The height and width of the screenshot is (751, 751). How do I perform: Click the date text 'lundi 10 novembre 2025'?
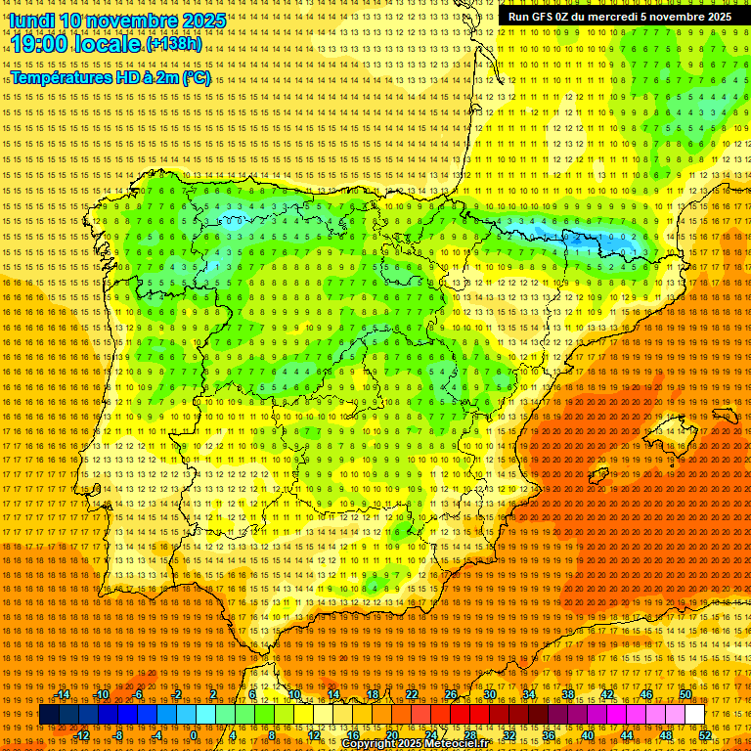117,21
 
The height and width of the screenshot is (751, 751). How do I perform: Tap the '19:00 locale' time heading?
76,44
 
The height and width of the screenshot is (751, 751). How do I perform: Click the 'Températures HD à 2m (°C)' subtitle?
110,78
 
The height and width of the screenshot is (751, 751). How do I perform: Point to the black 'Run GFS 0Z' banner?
619,17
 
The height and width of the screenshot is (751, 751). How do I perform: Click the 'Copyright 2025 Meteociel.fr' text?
415,744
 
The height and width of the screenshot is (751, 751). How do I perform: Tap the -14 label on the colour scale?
64,694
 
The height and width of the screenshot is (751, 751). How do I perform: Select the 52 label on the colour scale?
704,734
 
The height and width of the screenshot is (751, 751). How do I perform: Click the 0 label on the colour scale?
194,734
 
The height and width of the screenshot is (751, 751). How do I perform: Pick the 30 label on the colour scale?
489,694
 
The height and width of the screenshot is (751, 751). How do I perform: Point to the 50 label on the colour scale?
685,694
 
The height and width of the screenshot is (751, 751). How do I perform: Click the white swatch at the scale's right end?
694,715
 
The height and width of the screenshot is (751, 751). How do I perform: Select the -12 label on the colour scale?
82,734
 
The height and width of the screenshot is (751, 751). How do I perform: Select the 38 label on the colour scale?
568,694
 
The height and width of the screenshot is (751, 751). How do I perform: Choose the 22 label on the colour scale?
411,694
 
